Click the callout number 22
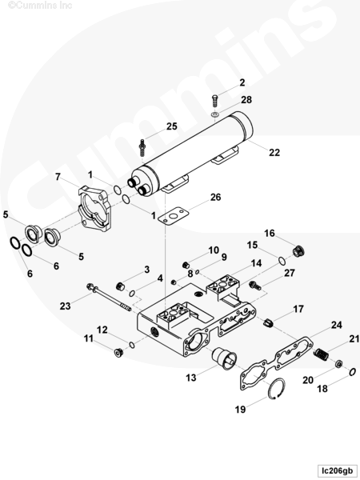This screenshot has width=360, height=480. coord(274,152)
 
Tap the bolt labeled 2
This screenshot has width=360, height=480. coord(215,101)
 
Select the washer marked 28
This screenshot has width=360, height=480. coord(215,114)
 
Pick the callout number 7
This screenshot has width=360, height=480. coord(58,177)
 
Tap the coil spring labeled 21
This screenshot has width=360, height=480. coord(321,354)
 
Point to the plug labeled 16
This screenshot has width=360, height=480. coord(298,251)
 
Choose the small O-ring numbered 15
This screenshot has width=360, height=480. coord(282,261)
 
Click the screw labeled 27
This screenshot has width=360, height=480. coord(255,286)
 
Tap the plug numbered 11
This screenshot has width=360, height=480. coord(118,353)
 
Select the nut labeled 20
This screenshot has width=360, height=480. coord(338,364)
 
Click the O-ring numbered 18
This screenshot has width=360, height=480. coord(352,372)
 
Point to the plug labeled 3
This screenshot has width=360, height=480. coord(122,286)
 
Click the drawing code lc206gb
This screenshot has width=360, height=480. coord(337,470)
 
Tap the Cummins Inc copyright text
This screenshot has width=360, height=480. coord(40,6)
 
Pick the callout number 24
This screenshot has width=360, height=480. coord(336,325)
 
